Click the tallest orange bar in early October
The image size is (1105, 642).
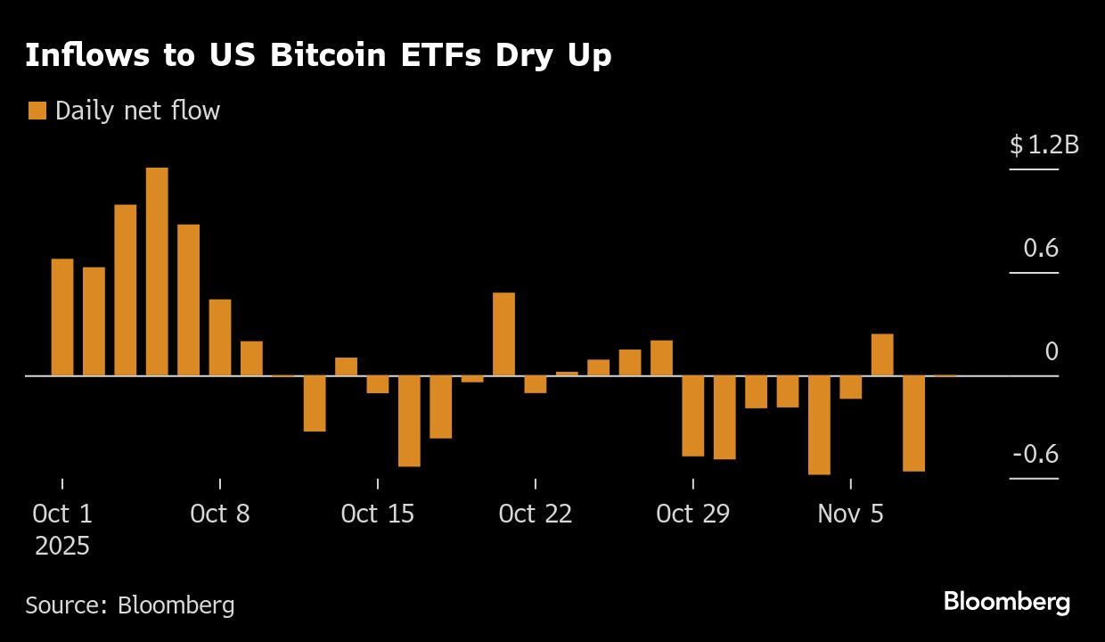[x=157, y=272]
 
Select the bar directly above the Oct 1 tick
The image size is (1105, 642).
[x=62, y=317]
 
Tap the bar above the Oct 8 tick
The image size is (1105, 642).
[x=220, y=337]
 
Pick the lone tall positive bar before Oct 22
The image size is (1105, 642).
[x=503, y=333]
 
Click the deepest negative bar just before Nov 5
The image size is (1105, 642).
[x=819, y=424]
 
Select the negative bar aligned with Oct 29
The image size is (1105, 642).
[x=692, y=416]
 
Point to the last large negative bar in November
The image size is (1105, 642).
[x=913, y=423]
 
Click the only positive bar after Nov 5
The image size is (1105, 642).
[x=882, y=355]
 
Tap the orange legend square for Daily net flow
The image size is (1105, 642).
[x=37, y=111]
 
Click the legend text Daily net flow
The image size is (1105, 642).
[x=137, y=111]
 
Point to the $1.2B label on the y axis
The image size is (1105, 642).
[x=1044, y=144]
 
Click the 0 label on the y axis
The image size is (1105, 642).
[x=1052, y=351]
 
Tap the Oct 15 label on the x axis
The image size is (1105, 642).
[x=378, y=514]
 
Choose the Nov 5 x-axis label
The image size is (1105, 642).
[x=851, y=514]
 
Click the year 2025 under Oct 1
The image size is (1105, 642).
[x=62, y=546]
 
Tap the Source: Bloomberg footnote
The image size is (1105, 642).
[x=130, y=605]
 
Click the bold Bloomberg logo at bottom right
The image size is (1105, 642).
[x=1007, y=602]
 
